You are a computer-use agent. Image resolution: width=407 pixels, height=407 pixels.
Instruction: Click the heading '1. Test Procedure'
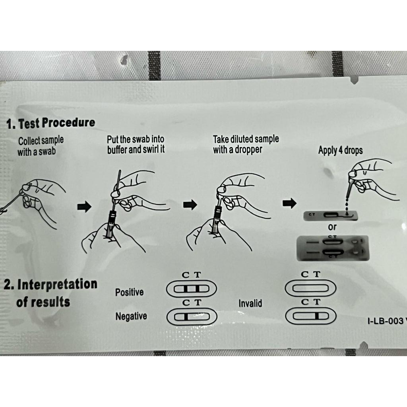51,123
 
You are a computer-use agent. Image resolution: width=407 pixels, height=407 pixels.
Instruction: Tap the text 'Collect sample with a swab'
41,146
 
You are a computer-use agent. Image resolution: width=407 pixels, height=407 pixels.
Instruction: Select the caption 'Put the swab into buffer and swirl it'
136,144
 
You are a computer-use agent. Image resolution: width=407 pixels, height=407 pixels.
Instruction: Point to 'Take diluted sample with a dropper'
246,144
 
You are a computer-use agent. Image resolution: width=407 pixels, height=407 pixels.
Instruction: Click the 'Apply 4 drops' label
340,150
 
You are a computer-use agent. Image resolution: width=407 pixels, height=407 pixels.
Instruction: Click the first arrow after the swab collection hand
84,207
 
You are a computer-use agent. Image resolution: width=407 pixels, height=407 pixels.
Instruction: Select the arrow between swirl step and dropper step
190,205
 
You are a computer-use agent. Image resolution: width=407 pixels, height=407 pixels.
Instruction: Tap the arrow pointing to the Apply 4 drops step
289,203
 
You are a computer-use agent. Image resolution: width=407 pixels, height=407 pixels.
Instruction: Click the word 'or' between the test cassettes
332,227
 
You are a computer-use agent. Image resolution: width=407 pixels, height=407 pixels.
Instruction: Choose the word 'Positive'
129,292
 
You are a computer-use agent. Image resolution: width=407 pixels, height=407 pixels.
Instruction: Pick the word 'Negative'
131,316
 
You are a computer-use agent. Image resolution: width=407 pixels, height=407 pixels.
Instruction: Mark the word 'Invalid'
250,303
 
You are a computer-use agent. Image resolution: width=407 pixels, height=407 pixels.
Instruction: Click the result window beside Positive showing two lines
191,289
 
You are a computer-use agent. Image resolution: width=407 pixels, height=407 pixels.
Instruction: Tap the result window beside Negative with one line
192,317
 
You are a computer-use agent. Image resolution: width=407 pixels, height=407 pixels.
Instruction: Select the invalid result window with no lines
310,288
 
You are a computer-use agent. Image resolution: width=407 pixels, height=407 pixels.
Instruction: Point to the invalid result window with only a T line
311,316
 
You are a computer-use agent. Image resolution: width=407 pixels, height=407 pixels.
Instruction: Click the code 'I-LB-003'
385,321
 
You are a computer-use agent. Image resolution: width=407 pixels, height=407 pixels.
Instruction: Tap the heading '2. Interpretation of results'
50,293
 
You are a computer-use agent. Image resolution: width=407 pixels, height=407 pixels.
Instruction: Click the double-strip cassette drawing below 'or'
333,248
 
